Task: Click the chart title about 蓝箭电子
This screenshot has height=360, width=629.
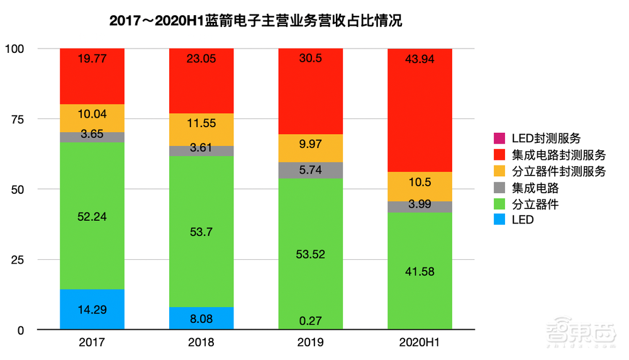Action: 255,21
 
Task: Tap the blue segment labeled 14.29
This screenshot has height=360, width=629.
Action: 92,309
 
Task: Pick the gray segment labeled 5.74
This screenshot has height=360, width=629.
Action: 311,170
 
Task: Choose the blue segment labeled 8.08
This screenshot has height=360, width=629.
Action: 201,318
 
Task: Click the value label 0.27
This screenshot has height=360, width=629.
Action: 311,321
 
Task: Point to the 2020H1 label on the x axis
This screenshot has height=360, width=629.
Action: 420,344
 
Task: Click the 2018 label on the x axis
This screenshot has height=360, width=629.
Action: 201,344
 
